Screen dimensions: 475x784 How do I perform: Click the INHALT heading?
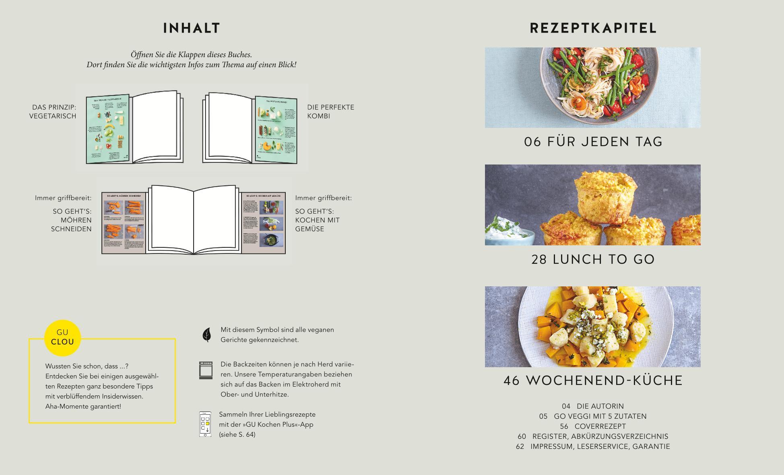(x=192, y=28)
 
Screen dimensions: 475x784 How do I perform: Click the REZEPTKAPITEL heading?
(x=593, y=28)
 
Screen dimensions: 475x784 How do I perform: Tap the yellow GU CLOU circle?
(x=62, y=337)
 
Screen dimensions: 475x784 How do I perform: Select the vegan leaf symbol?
(x=206, y=335)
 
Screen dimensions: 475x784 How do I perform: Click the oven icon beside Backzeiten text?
(x=206, y=370)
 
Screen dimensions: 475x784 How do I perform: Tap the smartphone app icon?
(x=205, y=424)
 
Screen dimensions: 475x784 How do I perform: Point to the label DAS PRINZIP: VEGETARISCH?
(x=53, y=111)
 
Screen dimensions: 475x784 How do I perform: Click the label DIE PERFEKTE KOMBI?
(x=330, y=111)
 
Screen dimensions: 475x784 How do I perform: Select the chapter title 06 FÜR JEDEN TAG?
(x=593, y=142)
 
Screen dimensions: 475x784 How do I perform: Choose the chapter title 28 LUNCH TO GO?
(x=593, y=259)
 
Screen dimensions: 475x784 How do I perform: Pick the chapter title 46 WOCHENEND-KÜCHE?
(x=593, y=380)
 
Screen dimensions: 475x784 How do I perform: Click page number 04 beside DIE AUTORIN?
(x=566, y=406)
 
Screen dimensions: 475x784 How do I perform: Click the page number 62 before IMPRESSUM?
(x=520, y=446)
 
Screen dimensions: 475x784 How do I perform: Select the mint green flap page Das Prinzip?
(x=107, y=129)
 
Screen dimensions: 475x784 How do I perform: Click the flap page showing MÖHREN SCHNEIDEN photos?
(x=124, y=223)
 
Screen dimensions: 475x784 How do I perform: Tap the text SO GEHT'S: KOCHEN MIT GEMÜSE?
(x=317, y=220)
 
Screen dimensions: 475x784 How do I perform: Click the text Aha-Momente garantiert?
(x=83, y=406)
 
